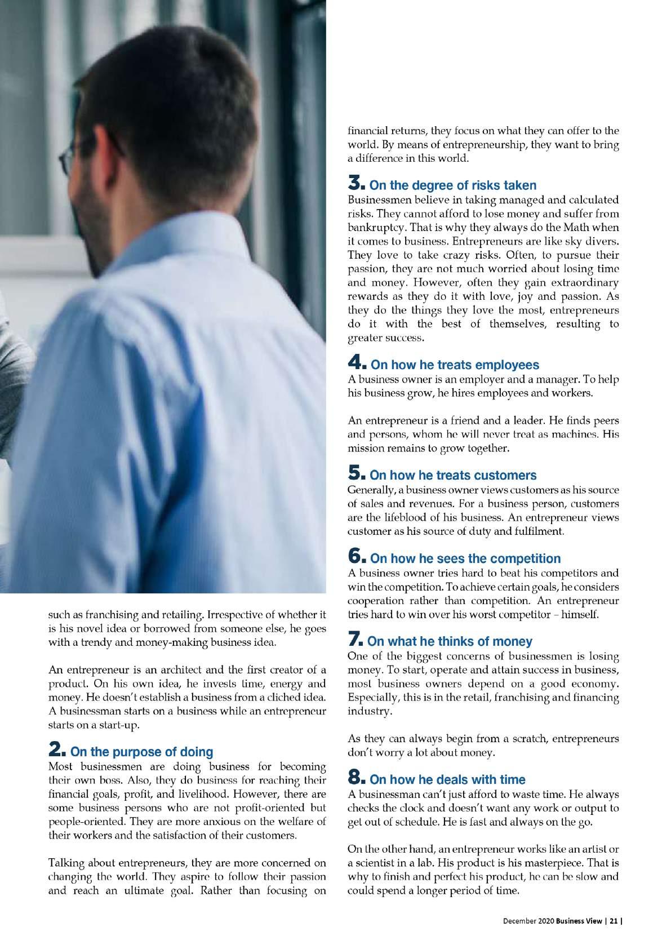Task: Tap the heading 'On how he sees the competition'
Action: click(x=465, y=558)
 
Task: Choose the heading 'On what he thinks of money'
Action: click(x=450, y=641)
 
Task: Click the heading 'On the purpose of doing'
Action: click(x=142, y=752)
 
